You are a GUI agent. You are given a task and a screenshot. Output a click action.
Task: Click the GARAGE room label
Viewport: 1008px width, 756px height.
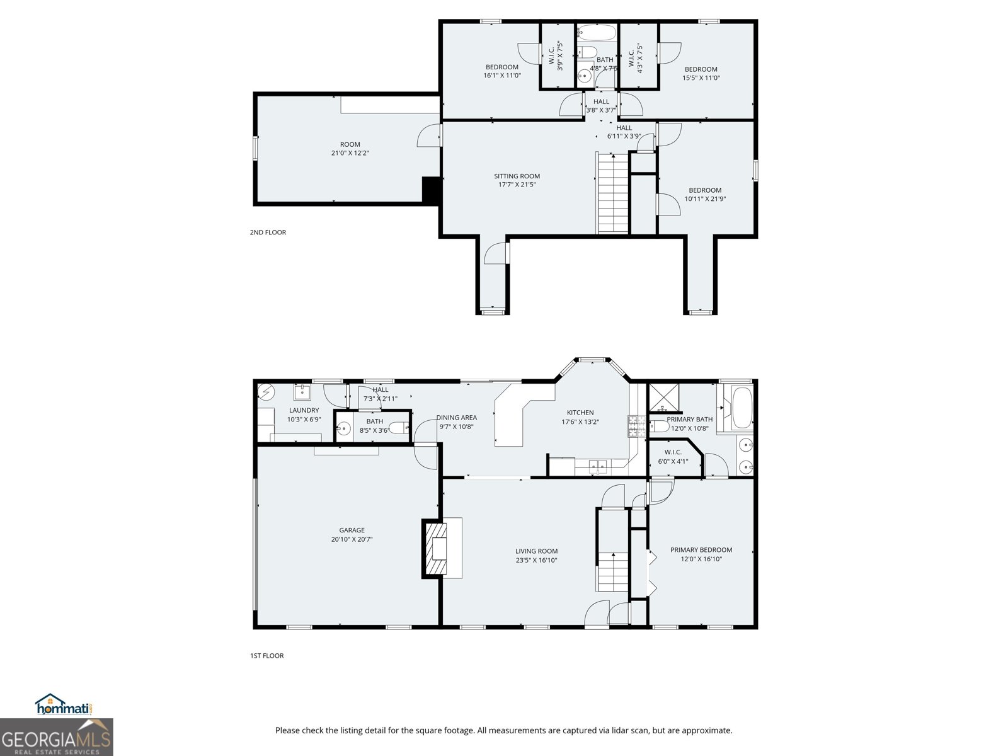(x=352, y=530)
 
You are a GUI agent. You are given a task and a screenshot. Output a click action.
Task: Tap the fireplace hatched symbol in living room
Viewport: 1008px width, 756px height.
(x=435, y=548)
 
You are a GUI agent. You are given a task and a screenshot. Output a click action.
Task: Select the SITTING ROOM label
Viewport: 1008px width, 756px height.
(x=517, y=176)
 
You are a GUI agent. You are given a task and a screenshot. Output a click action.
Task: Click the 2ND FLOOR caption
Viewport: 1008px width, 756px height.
(x=268, y=232)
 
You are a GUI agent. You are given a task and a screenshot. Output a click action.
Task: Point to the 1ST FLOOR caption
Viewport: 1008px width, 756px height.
(x=267, y=656)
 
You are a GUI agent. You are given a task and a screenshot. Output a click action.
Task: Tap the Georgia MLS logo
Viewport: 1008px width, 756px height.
(x=57, y=738)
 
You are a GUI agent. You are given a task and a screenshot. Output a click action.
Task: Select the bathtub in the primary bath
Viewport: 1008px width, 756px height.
(x=742, y=408)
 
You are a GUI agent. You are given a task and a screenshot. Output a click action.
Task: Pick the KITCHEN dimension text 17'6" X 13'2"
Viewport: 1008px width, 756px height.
(x=580, y=422)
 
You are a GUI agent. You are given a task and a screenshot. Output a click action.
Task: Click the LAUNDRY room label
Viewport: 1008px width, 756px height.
(x=304, y=410)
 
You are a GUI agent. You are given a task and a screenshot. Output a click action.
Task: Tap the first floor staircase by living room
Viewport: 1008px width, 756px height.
(x=613, y=570)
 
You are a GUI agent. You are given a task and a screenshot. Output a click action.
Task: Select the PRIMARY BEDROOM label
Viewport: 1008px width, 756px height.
(x=701, y=550)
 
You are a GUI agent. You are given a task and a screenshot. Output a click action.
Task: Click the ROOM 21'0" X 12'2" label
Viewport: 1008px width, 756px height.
(x=350, y=145)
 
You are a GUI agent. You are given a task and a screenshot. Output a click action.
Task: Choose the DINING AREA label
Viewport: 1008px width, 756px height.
(x=457, y=418)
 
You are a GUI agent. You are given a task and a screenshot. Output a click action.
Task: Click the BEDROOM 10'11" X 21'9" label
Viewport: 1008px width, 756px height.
(x=705, y=190)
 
